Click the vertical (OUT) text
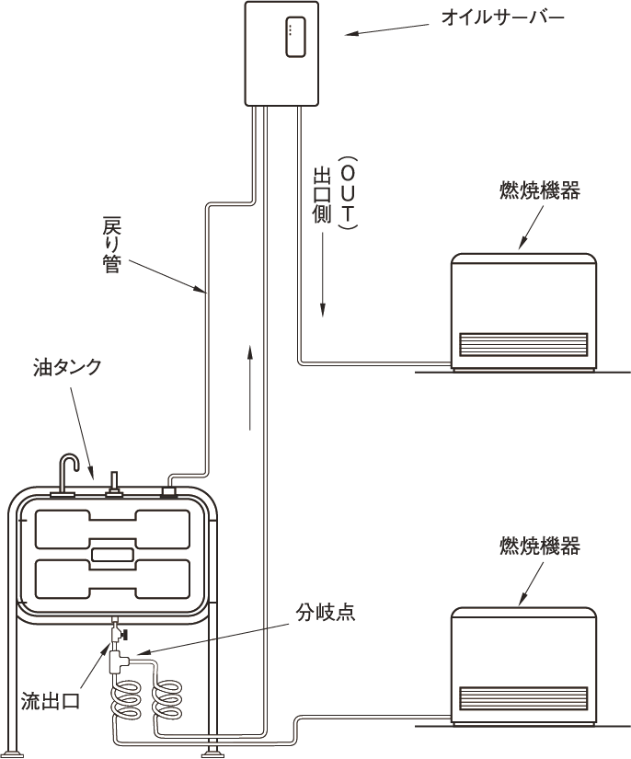(348, 193)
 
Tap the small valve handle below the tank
(121, 636)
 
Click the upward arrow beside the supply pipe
(250, 387)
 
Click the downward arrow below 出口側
(323, 294)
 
